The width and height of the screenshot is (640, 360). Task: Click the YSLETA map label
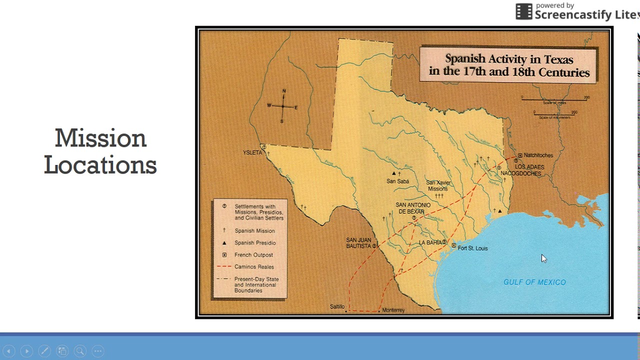(252, 152)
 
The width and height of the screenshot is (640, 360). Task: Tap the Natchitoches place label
(538, 155)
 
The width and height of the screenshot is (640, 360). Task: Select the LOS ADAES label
(529, 167)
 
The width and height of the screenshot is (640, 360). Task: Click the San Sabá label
(398, 181)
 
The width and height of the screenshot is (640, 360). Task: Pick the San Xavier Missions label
(438, 185)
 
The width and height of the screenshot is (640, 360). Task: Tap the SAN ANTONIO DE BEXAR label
(413, 208)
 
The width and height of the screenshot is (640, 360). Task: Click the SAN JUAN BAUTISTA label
(358, 242)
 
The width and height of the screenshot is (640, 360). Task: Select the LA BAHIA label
(430, 242)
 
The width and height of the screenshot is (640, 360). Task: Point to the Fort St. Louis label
(472, 248)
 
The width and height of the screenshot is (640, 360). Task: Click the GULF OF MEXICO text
(534, 282)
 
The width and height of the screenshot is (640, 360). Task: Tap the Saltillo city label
(337, 306)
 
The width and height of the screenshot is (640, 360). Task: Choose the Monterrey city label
(393, 310)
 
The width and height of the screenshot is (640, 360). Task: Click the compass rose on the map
(282, 106)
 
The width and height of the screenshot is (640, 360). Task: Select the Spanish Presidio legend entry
(255, 243)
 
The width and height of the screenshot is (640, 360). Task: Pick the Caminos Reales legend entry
(254, 267)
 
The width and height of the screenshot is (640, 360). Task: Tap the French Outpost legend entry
(253, 255)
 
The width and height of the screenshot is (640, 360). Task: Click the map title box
(509, 65)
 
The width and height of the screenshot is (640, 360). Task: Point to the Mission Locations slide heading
(100, 151)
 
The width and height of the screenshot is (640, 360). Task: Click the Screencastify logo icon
(524, 11)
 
